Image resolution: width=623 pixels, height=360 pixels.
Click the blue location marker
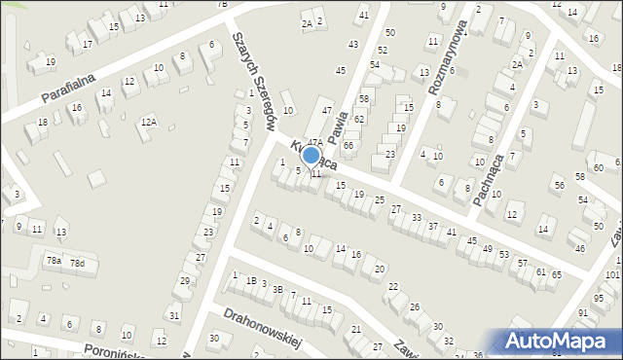311,156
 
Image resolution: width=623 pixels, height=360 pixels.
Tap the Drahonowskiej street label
265,329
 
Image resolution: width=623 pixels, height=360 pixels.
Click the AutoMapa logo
560,341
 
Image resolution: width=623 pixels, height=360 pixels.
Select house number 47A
315,142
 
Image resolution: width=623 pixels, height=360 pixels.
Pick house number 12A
148,122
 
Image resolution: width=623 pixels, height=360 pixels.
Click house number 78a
54,261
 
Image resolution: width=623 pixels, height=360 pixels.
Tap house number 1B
251,281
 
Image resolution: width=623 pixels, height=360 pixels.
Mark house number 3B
277,289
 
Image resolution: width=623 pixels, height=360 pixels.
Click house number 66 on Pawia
348,145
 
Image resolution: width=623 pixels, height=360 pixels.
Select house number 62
359,119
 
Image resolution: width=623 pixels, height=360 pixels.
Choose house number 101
611,275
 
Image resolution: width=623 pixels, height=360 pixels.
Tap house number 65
556,275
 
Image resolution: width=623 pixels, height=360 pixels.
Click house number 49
487,248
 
